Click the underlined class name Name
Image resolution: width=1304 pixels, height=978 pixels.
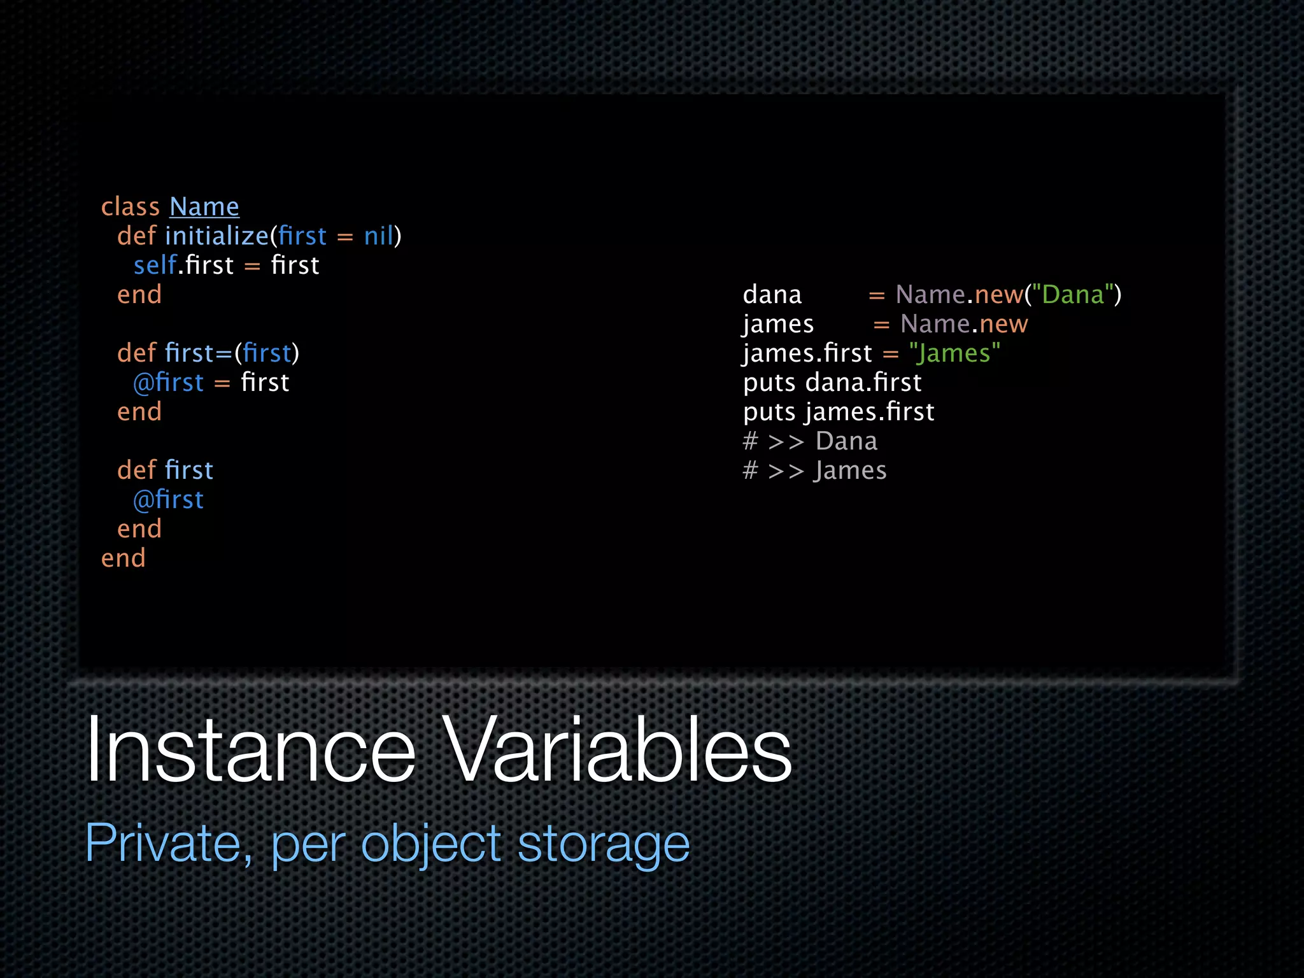(x=204, y=207)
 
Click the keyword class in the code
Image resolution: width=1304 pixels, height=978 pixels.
(x=131, y=207)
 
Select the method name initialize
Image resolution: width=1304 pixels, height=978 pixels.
(x=216, y=236)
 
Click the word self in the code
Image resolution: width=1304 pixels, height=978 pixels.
(x=155, y=266)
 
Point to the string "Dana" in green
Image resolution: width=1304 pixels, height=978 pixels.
(x=1073, y=295)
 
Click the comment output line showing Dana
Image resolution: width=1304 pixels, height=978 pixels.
(x=810, y=441)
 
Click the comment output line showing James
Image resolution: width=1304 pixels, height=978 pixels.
(x=814, y=471)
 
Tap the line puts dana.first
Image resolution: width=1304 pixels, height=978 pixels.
(x=832, y=383)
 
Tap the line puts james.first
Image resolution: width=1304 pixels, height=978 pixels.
(x=838, y=412)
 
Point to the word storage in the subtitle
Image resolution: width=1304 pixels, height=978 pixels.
(x=603, y=843)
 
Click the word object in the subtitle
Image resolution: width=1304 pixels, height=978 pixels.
(x=431, y=843)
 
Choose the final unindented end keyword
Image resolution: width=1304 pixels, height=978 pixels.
(x=124, y=558)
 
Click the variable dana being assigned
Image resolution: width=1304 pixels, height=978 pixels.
(x=772, y=295)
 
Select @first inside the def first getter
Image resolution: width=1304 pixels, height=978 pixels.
(x=168, y=500)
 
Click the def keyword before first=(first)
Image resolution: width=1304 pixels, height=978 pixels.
(x=136, y=353)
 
